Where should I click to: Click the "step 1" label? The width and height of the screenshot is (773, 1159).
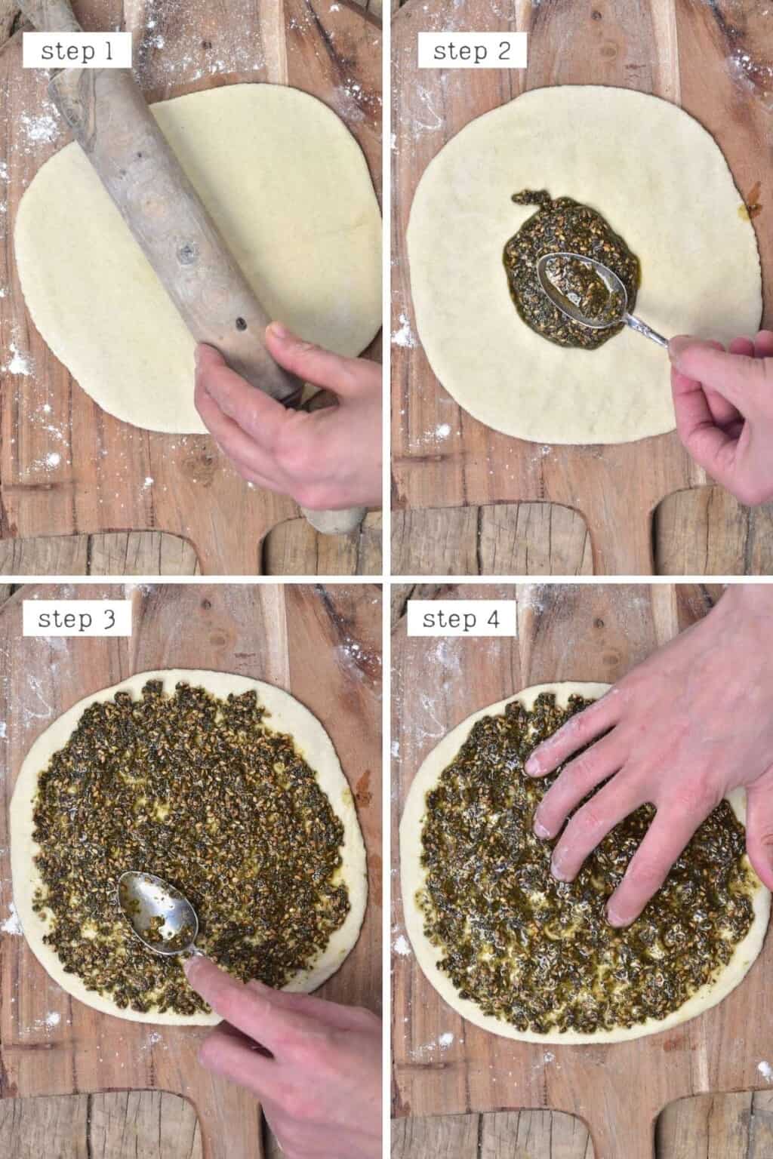click(x=75, y=51)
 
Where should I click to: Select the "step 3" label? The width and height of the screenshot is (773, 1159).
click(x=76, y=619)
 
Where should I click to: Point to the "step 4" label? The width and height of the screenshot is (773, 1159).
click(x=461, y=619)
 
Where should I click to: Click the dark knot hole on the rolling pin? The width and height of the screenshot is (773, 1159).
click(x=242, y=325)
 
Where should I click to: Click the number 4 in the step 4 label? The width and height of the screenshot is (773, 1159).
click(x=494, y=619)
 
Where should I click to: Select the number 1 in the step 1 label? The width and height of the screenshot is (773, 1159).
click(x=107, y=51)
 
